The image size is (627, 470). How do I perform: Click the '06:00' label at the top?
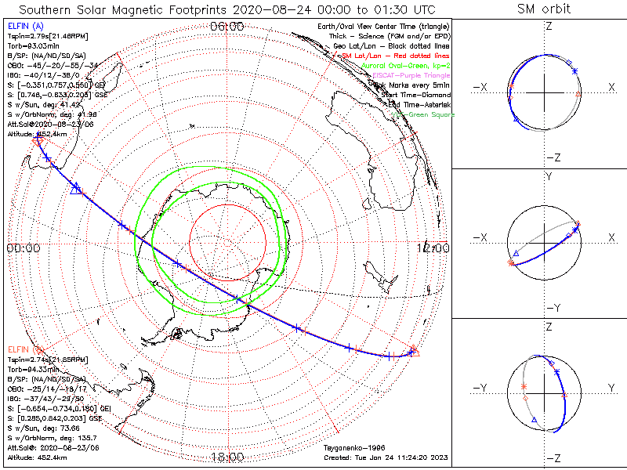click(x=227, y=27)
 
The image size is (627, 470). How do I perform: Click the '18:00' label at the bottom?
click(x=227, y=457)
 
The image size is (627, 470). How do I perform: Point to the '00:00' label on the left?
click(x=23, y=248)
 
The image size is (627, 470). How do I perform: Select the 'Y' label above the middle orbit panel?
click(x=549, y=177)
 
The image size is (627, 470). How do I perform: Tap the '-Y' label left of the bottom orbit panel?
click(x=480, y=389)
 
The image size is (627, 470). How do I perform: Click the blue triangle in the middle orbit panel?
click(x=516, y=255)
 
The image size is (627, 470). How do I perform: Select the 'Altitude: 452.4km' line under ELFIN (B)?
click(x=38, y=457)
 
